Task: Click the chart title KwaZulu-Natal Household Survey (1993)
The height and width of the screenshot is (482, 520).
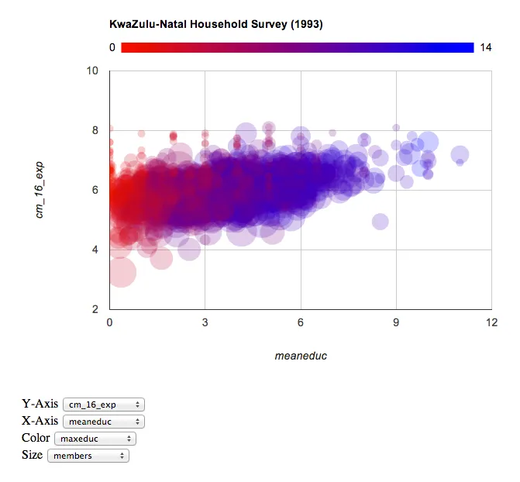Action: click(216, 24)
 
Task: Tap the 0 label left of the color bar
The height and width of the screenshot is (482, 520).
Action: click(112, 48)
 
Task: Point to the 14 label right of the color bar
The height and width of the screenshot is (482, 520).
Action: click(486, 48)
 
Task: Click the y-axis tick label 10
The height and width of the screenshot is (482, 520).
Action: click(93, 71)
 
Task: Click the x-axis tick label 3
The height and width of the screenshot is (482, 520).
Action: click(205, 322)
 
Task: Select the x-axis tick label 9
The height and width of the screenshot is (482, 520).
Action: click(396, 322)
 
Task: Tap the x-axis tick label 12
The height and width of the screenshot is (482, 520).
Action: click(491, 322)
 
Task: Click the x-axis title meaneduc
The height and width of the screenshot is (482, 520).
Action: click(300, 356)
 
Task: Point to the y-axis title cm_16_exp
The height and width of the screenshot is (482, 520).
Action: click(39, 190)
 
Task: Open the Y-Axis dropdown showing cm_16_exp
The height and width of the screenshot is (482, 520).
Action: click(104, 405)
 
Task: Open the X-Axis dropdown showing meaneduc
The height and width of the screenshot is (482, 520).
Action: click(104, 422)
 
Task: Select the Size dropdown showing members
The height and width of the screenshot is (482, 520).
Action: click(88, 456)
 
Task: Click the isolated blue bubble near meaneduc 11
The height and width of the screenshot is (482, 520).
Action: click(460, 154)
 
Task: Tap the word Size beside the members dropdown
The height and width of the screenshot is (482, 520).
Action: click(33, 455)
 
